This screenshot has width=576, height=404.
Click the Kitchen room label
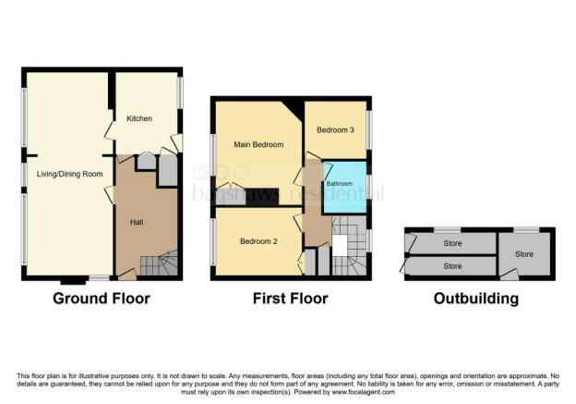coord(139,118)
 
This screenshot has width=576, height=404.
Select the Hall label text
coord(135,220)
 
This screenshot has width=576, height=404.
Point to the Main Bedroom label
coord(258,145)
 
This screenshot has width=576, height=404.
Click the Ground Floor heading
coord(102,299)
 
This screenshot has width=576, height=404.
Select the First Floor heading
coord(291,299)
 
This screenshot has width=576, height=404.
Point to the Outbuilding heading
coord(476,299)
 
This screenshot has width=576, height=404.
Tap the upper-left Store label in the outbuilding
coord(452,243)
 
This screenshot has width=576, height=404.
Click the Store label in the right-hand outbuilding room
coord(524,253)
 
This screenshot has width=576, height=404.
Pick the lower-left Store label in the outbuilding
coord(452,266)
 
